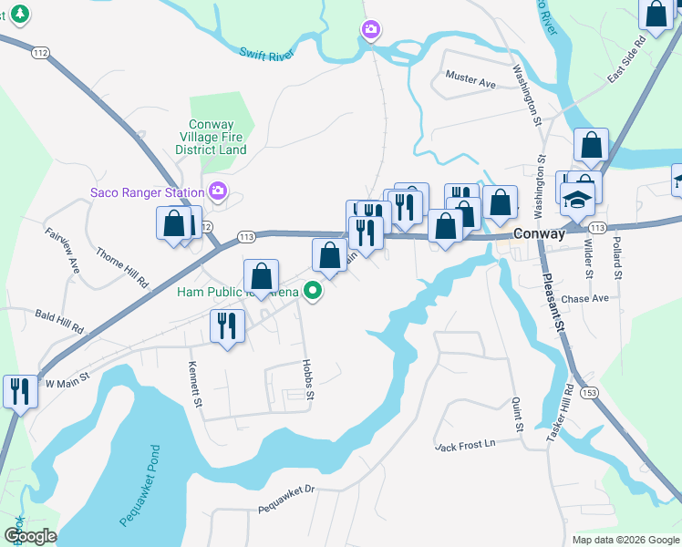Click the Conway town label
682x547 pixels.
point(540,233)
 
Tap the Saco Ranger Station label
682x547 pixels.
point(147,192)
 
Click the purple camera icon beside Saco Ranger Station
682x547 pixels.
point(218,191)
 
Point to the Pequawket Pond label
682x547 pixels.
point(138,484)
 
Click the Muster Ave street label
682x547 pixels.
point(470,81)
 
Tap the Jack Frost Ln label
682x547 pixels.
point(465,446)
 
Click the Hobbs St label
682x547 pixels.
point(308,379)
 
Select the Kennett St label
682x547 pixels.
point(193,384)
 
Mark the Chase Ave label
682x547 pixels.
point(585,299)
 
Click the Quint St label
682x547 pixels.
point(517,414)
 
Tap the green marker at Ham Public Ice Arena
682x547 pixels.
point(313,292)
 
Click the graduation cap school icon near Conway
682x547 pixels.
point(577,197)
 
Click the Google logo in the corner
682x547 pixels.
point(30,536)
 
